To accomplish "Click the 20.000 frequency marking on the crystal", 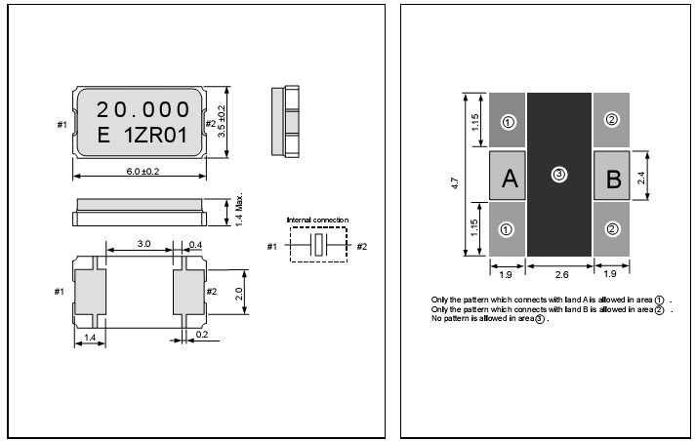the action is pyautogui.click(x=143, y=109).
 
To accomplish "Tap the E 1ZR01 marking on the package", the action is pyautogui.click(x=143, y=135).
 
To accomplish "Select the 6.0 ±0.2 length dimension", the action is pyautogui.click(x=143, y=172).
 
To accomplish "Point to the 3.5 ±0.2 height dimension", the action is pyautogui.click(x=222, y=121).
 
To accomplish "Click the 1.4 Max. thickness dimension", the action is pyautogui.click(x=239, y=210).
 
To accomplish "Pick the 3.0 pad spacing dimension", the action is pyautogui.click(x=143, y=244).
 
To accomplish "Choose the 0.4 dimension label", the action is pyautogui.click(x=195, y=245).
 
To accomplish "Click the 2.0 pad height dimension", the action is pyautogui.click(x=239, y=294).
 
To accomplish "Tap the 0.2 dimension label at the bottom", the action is pyautogui.click(x=201, y=335).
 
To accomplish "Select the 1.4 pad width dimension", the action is pyautogui.click(x=90, y=338).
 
